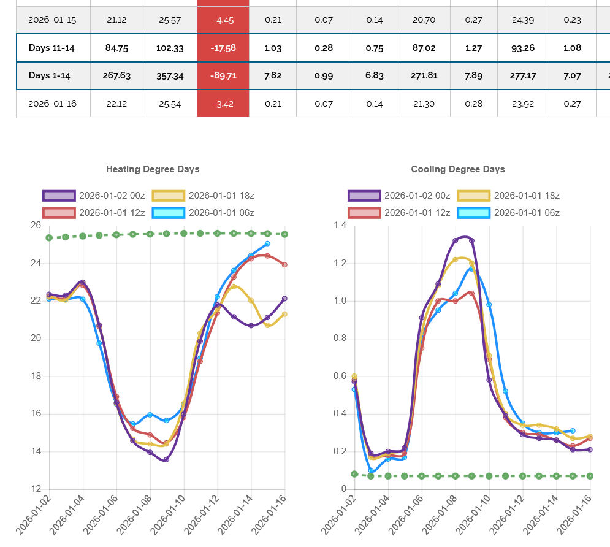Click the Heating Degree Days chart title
pyautogui.click(x=153, y=169)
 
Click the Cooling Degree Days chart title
pyautogui.click(x=458, y=169)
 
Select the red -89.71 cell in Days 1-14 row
pyautogui.click(x=223, y=75)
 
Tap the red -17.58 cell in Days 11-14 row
pyautogui.click(x=223, y=48)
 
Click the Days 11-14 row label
pyautogui.click(x=51, y=48)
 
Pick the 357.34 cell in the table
pyautogui.click(x=170, y=75)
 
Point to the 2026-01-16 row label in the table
pyautogui.click(x=52, y=104)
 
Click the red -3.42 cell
pyautogui.click(x=223, y=104)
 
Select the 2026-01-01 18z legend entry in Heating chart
pyautogui.click(x=204, y=196)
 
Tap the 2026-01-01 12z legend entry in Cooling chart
pyautogui.click(x=400, y=213)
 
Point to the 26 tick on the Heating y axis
pyautogui.click(x=35, y=226)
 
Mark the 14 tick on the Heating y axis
pyautogui.click(x=35, y=452)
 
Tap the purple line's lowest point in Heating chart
pyautogui.click(x=166, y=459)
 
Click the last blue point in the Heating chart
pyautogui.click(x=267, y=243)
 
